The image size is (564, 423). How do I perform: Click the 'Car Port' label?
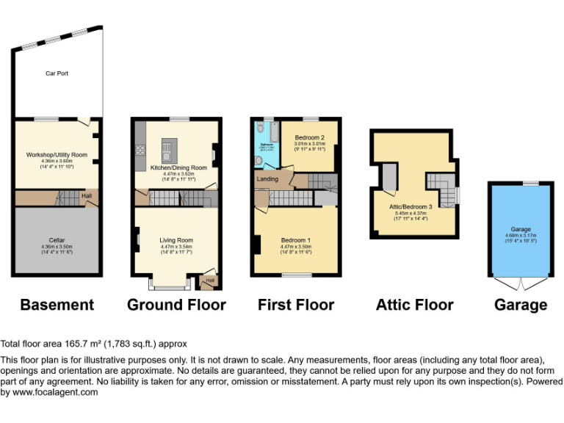coord(57,73)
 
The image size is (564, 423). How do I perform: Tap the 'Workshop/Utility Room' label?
coord(57,155)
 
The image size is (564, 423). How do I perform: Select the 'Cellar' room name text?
coord(57,240)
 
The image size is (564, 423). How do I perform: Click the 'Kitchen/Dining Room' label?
coord(178,167)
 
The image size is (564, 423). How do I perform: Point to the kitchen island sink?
coord(167,153)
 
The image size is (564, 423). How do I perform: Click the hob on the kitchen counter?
coord(140,152)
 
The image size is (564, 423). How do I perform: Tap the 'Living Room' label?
coord(176,240)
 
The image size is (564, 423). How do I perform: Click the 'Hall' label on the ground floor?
coord(210,280)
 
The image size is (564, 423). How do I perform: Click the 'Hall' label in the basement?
coord(86,196)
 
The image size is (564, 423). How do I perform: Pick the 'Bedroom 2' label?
coord(309,137)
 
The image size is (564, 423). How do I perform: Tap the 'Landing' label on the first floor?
coord(267,178)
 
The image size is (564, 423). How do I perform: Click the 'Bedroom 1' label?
coord(295,240)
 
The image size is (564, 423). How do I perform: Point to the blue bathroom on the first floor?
coord(265,144)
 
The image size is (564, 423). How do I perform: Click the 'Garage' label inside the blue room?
coord(521,229)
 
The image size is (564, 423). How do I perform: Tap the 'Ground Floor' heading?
coord(176,305)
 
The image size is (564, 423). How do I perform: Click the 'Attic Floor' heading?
coord(414,305)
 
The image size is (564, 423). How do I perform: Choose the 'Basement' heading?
coord(57,305)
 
